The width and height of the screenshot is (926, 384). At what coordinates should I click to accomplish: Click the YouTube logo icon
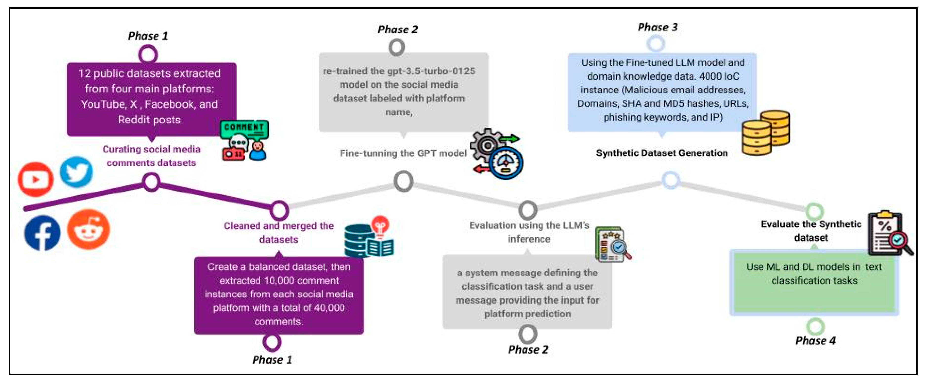click(x=35, y=179)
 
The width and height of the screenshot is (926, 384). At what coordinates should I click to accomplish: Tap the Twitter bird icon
click(x=77, y=172)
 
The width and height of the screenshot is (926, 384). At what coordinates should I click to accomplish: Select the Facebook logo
click(x=42, y=233)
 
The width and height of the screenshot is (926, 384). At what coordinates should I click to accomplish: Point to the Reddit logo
click(x=88, y=229)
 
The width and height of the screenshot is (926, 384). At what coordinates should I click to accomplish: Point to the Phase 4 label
click(x=815, y=340)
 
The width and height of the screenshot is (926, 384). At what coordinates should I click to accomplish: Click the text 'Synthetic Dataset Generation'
click(x=662, y=153)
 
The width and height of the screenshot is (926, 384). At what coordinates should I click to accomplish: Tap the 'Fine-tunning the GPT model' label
click(x=403, y=153)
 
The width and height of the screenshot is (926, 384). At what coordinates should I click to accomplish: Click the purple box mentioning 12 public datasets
click(x=151, y=99)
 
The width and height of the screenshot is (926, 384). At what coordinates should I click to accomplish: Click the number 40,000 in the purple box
click(x=329, y=308)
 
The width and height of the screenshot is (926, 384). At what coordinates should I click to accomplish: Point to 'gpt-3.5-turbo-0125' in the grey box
click(x=431, y=71)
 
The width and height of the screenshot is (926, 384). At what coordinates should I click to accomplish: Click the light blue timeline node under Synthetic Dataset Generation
click(x=670, y=180)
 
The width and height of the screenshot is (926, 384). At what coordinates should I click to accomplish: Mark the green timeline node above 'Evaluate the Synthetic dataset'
click(x=814, y=211)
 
